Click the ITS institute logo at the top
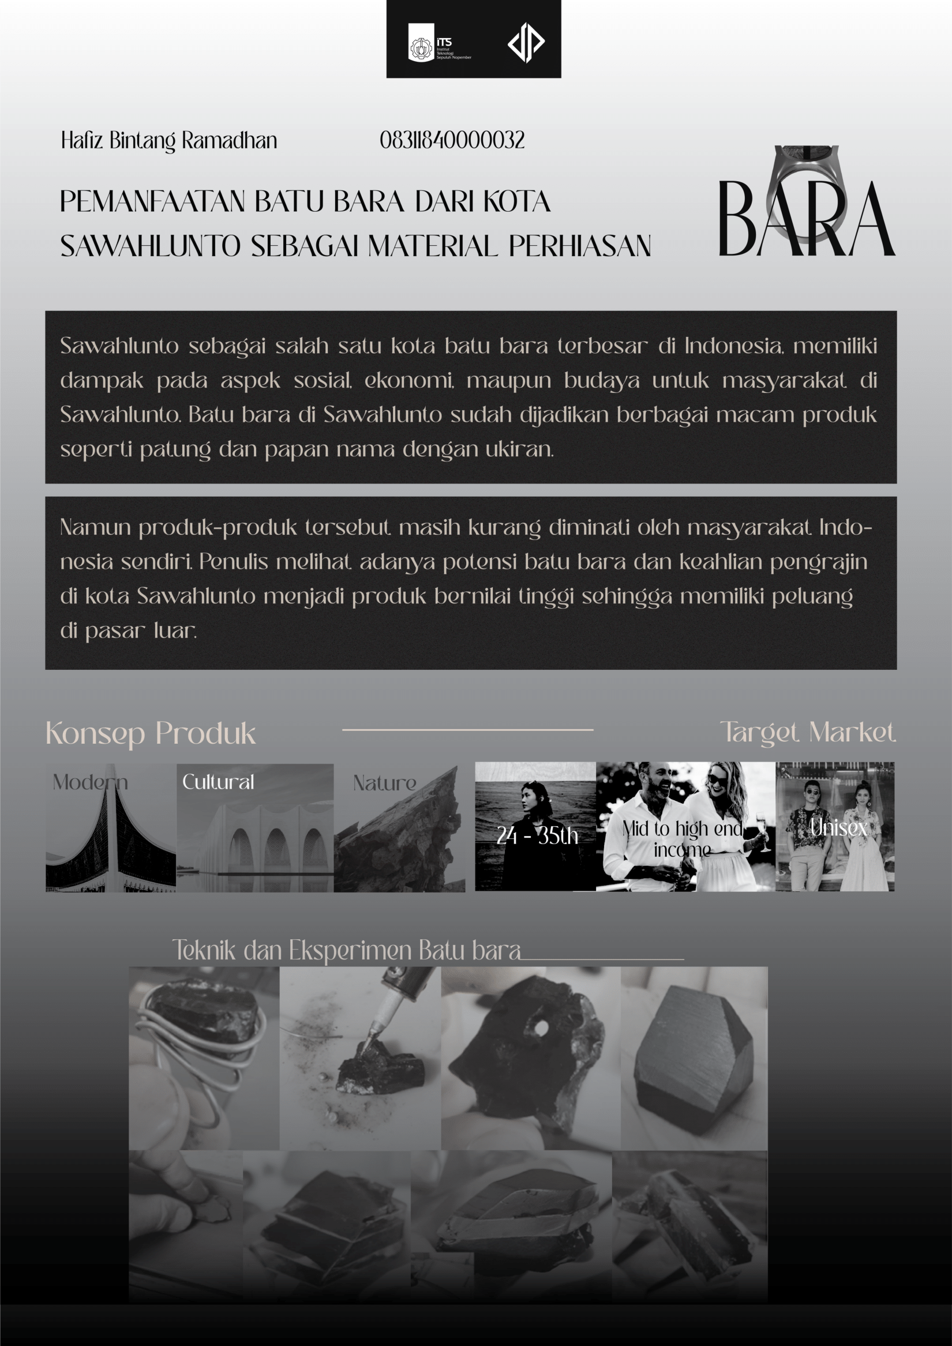click(x=438, y=42)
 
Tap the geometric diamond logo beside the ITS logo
click(x=526, y=42)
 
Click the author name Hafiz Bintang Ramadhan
click(x=169, y=141)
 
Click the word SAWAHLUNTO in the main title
click(x=150, y=246)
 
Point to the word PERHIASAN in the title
click(x=580, y=246)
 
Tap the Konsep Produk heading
click(x=151, y=733)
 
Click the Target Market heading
click(x=808, y=732)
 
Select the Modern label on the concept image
click(x=90, y=782)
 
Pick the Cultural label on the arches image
click(x=218, y=782)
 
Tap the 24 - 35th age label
click(x=537, y=835)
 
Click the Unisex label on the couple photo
click(x=838, y=828)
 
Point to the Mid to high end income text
click(x=683, y=839)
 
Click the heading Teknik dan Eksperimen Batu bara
click(x=346, y=950)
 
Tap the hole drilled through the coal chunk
click(x=541, y=1028)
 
